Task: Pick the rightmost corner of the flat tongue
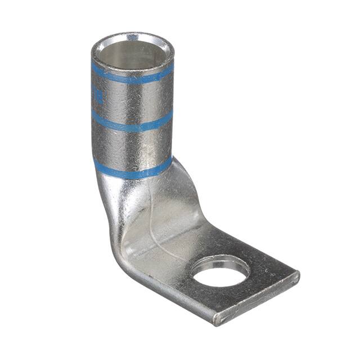coord(296,276)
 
